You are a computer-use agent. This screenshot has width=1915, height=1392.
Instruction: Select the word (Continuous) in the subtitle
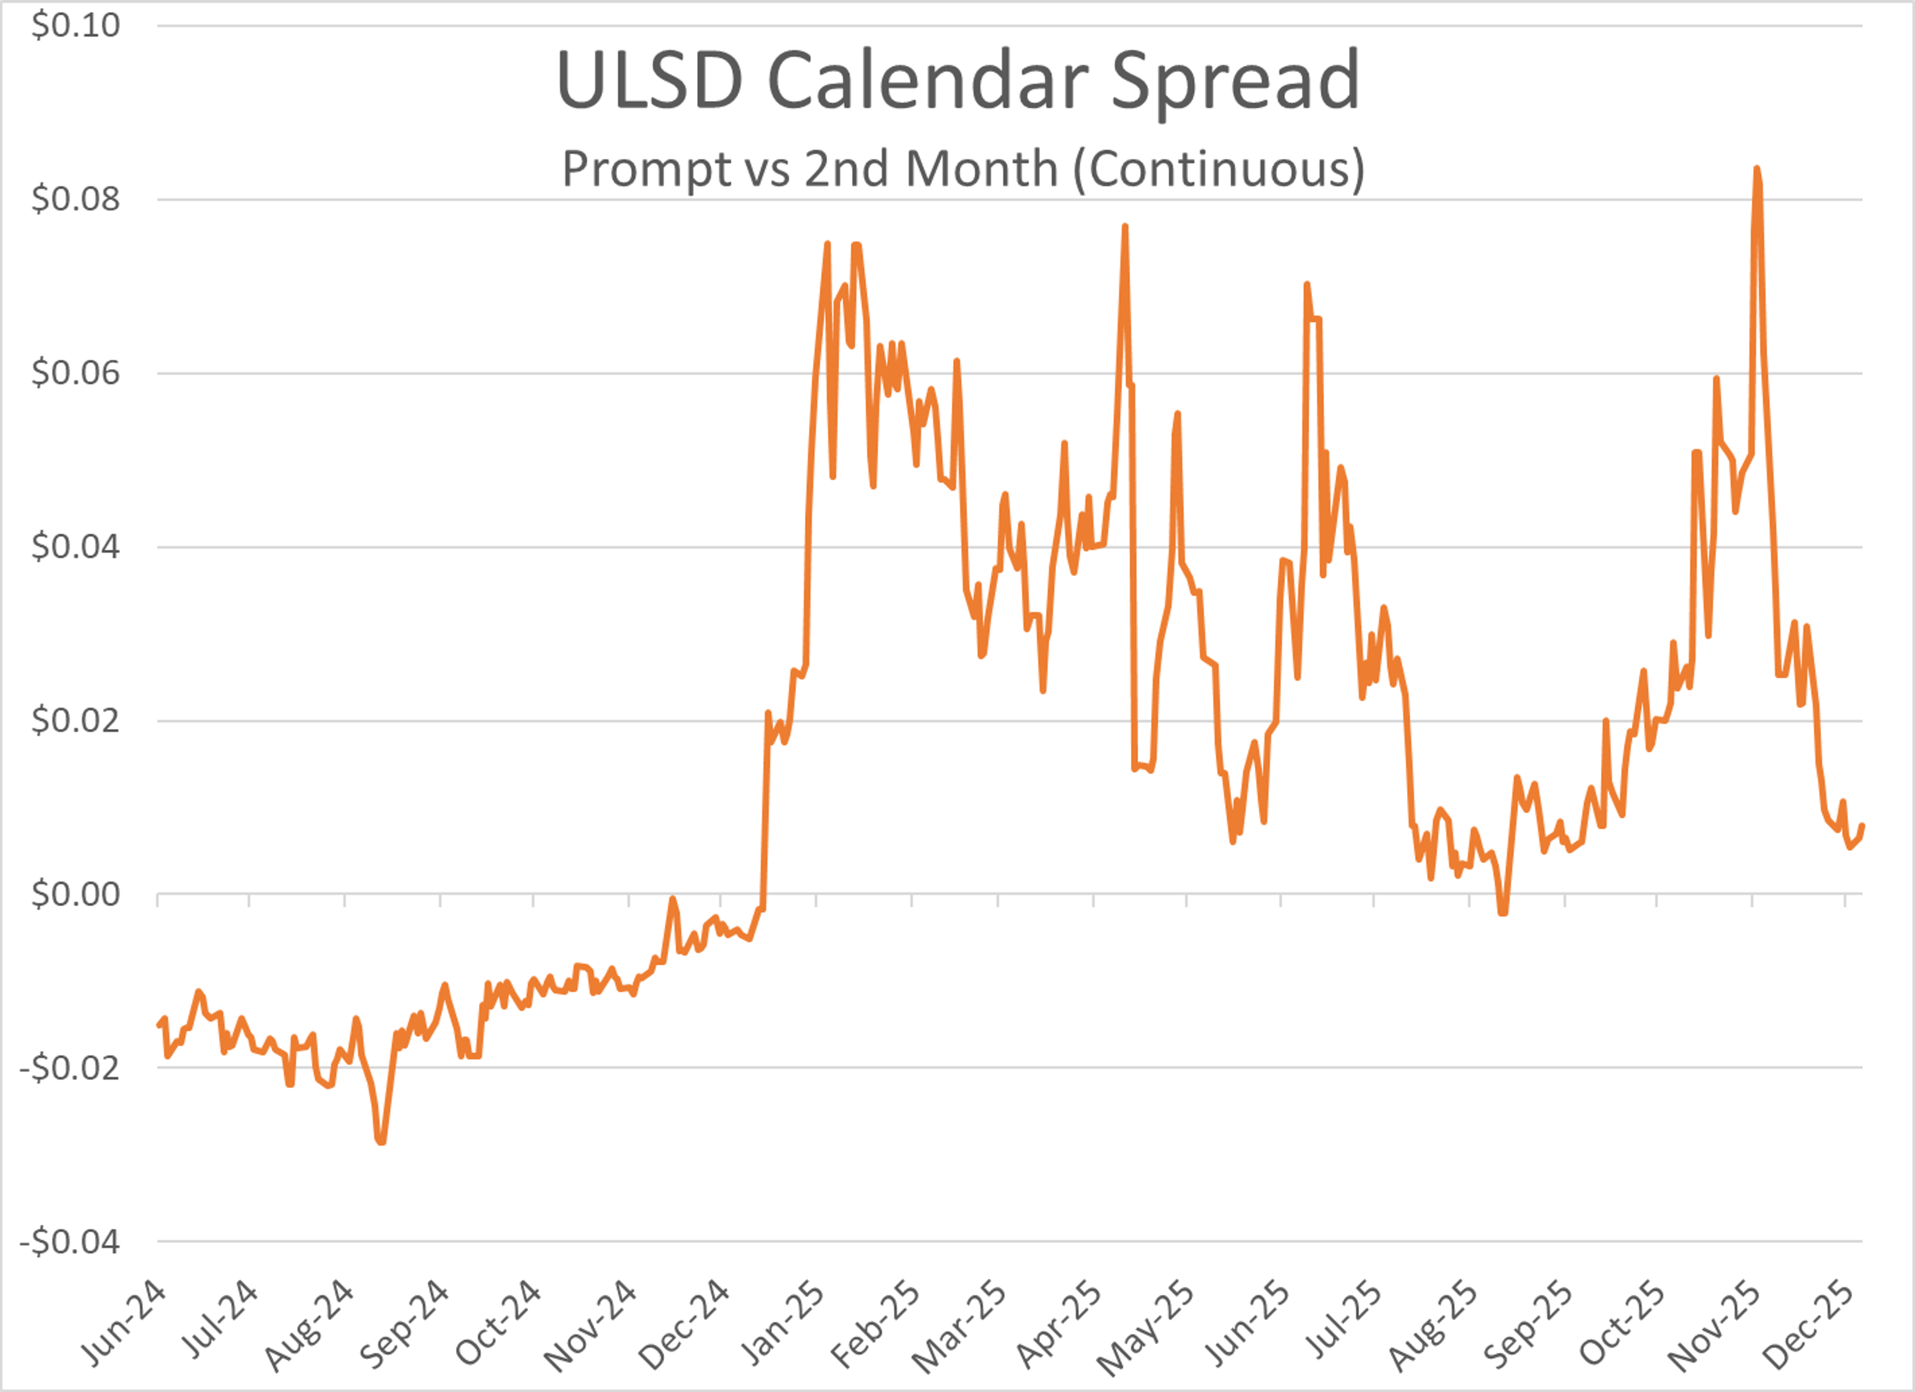[1218, 169]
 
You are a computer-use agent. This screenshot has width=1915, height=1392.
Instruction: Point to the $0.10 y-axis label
[75, 25]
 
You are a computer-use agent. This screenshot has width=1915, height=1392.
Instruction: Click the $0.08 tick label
[75, 200]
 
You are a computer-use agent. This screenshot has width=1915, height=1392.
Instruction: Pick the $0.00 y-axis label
[75, 894]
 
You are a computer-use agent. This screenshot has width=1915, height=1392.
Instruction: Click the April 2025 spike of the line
[1125, 227]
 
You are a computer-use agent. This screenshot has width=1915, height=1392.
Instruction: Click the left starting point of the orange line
[159, 1025]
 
